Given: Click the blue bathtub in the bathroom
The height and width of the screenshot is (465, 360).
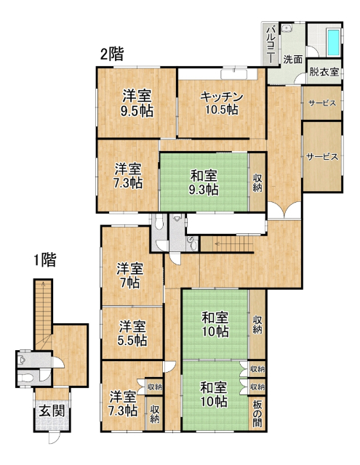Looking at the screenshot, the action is pos(333,42).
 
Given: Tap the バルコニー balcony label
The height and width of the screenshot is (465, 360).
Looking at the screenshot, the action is pos(271,45).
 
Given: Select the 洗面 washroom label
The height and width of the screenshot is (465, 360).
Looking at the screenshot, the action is pos(292,60).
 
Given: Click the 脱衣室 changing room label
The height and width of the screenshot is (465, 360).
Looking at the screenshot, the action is pos(324,72).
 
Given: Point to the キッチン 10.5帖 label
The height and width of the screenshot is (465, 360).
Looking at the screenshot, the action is pos(222,103).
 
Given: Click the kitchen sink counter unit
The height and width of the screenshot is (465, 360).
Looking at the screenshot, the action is pos(234,74).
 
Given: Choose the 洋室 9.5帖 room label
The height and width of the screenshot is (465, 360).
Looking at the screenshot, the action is pos(137,103).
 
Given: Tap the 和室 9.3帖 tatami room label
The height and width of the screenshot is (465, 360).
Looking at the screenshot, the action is pos(204,182).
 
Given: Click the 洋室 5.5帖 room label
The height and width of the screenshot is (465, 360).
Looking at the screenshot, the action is pos(132,333).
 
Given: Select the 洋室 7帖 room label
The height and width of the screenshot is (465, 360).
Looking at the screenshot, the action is pos(130,275).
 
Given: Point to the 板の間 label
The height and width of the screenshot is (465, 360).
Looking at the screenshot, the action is pos(257,413).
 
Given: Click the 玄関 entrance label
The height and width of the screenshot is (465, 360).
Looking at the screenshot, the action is pos(52,411).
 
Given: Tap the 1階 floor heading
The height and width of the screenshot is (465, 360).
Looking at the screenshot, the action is pos(44,260).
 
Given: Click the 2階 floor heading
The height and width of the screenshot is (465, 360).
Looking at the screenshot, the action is pos(112,54).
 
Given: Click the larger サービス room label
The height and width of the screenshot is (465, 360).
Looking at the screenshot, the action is pos(322,157).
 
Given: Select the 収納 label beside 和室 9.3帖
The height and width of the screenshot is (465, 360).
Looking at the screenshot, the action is pos(257,183).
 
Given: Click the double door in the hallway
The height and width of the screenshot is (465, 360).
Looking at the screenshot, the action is pos(284,209).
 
